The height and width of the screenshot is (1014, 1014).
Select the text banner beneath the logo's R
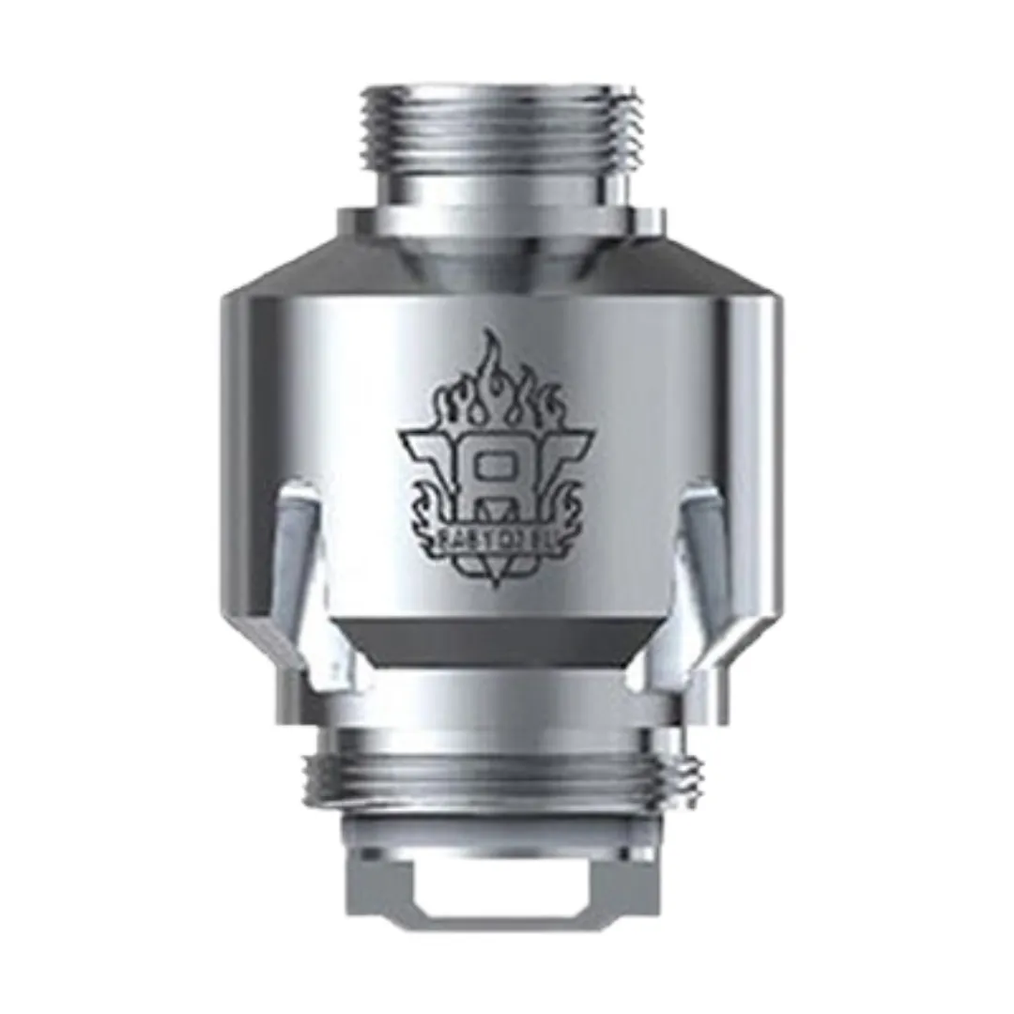click(495, 539)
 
